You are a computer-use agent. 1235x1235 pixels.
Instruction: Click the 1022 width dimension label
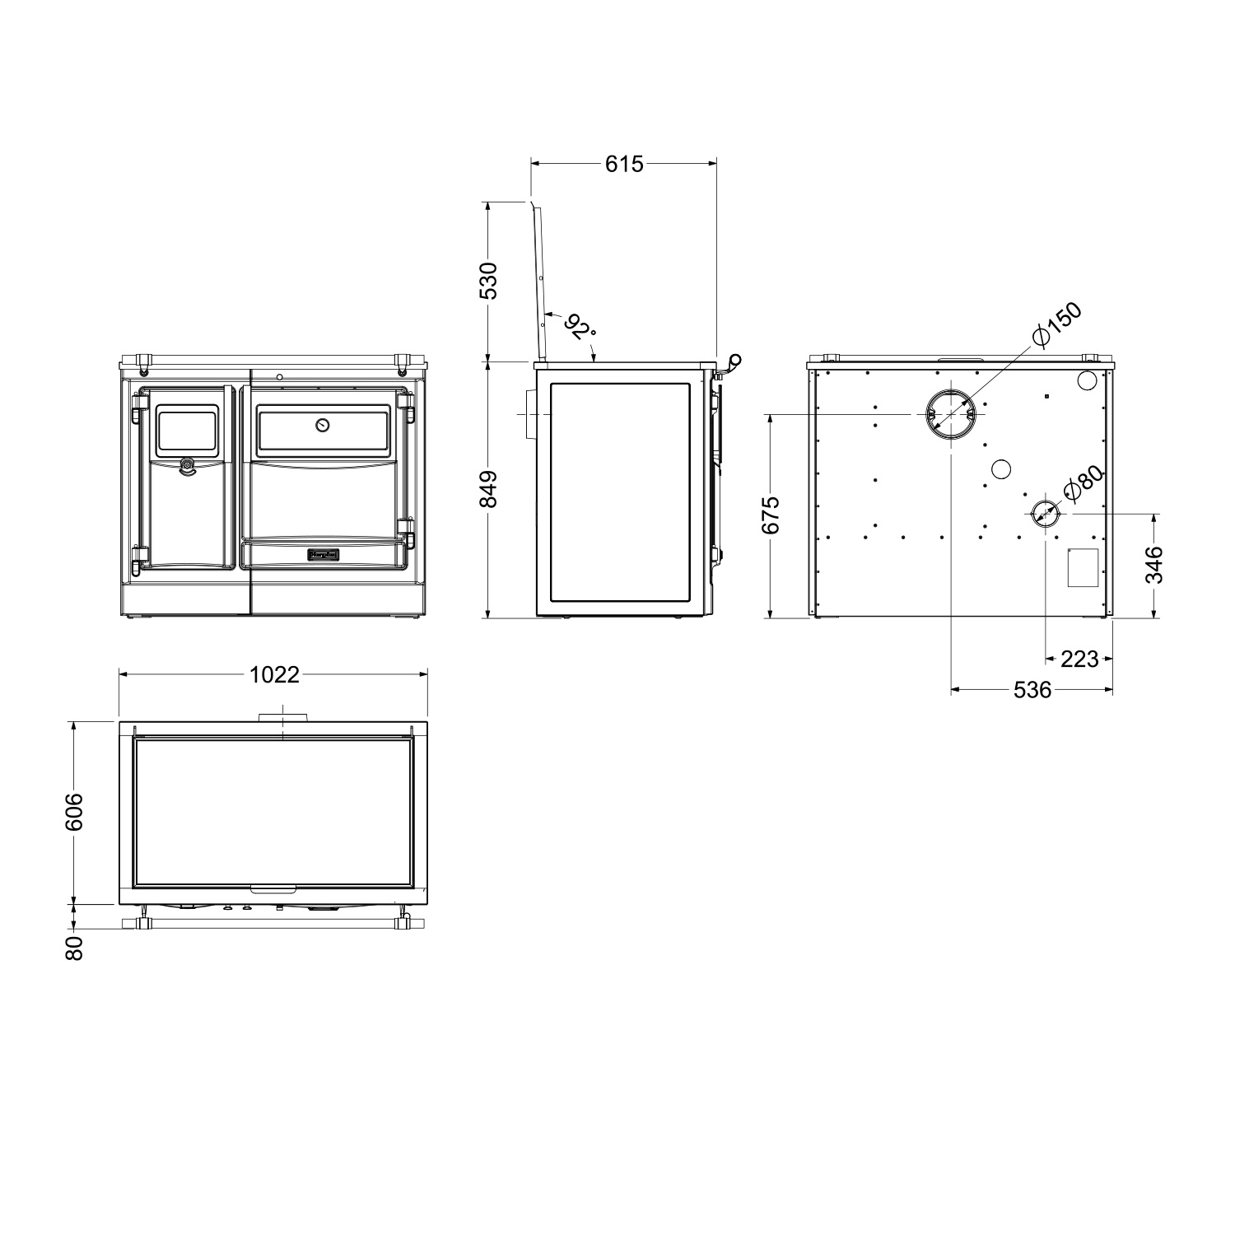coord(274,675)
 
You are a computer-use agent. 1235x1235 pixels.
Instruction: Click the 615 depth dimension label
coord(624,164)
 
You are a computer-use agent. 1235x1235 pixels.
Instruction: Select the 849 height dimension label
coord(488,490)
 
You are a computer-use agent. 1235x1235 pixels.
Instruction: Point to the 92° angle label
coord(581,327)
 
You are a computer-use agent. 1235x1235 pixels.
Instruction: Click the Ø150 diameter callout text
coord(1056,325)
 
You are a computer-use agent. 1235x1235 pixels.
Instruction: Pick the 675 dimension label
coord(771,515)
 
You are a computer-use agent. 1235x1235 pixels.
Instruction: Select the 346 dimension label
coord(1156,565)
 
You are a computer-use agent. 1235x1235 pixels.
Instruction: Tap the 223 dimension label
coord(1079,659)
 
